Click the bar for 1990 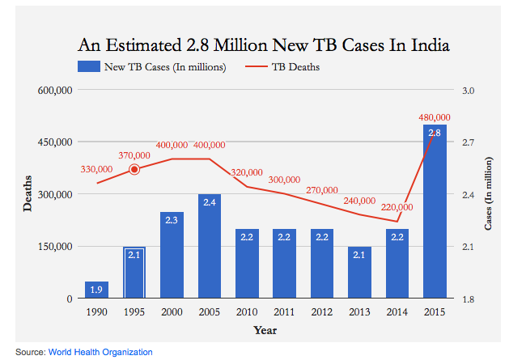click(x=96, y=290)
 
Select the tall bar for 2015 click(x=435, y=212)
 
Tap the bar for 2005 click(x=210, y=247)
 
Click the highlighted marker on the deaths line click(x=134, y=169)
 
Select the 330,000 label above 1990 click(x=97, y=169)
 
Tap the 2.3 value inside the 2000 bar click(x=172, y=219)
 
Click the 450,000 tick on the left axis click(x=56, y=142)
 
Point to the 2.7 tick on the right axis click(x=468, y=142)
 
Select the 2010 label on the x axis click(x=247, y=311)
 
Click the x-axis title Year click(x=265, y=329)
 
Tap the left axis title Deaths click(x=28, y=194)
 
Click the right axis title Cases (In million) click(x=488, y=194)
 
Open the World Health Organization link click(x=100, y=352)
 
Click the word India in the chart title click(x=428, y=43)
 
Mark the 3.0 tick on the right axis click(x=468, y=90)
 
